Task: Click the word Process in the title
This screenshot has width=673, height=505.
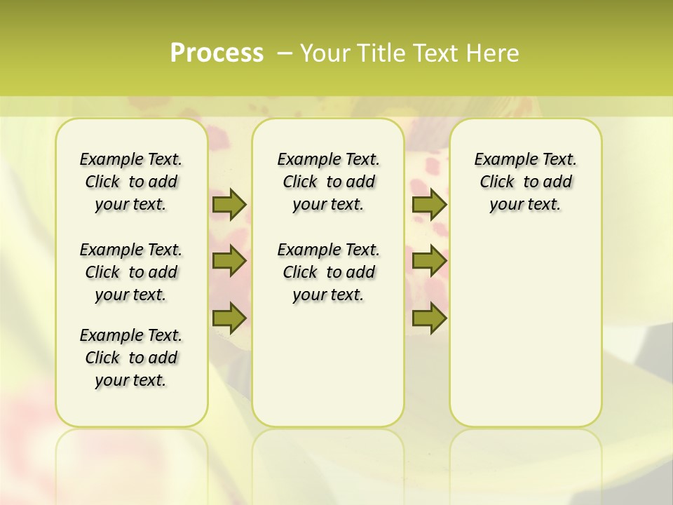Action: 217,53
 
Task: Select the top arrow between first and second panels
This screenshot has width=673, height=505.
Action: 229,205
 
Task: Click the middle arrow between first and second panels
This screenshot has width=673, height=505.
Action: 229,261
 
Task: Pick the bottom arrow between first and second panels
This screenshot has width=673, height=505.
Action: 229,318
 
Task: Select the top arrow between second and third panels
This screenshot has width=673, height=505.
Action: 429,205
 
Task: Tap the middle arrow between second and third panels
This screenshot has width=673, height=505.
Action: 429,261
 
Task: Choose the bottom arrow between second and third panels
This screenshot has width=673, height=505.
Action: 429,318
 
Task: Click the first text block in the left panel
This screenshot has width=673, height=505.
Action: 131,182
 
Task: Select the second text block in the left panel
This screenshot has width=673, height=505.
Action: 131,272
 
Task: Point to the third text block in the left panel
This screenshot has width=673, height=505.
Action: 131,358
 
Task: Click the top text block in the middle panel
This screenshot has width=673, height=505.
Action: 328,182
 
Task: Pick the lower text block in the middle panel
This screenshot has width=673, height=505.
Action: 328,272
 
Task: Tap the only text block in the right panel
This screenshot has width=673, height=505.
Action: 525,182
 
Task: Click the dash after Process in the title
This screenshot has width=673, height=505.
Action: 284,53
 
